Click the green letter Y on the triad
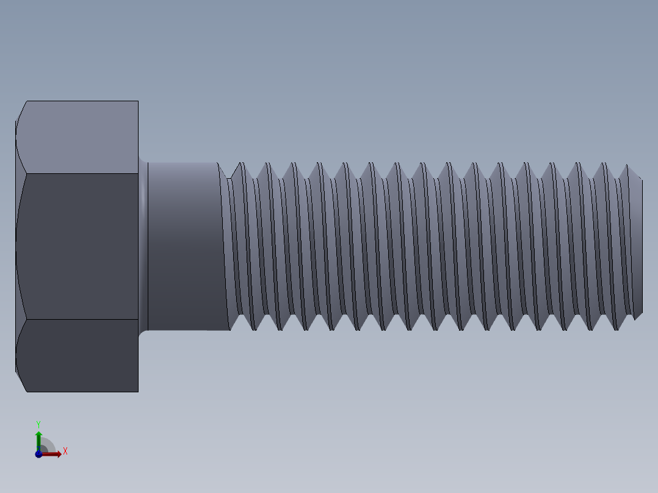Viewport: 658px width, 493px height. [38, 423]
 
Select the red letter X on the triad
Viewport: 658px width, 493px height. [65, 452]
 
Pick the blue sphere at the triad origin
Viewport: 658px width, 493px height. [38, 454]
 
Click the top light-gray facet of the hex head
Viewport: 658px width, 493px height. [79, 137]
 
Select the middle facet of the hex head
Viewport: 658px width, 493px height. [79, 246]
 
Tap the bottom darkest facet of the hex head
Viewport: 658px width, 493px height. [79, 355]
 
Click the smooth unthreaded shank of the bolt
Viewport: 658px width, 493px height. [183, 246]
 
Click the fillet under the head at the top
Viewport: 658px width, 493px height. [143, 161]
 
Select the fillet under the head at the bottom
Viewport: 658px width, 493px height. [143, 332]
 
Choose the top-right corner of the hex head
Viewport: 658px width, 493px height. [138, 101]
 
